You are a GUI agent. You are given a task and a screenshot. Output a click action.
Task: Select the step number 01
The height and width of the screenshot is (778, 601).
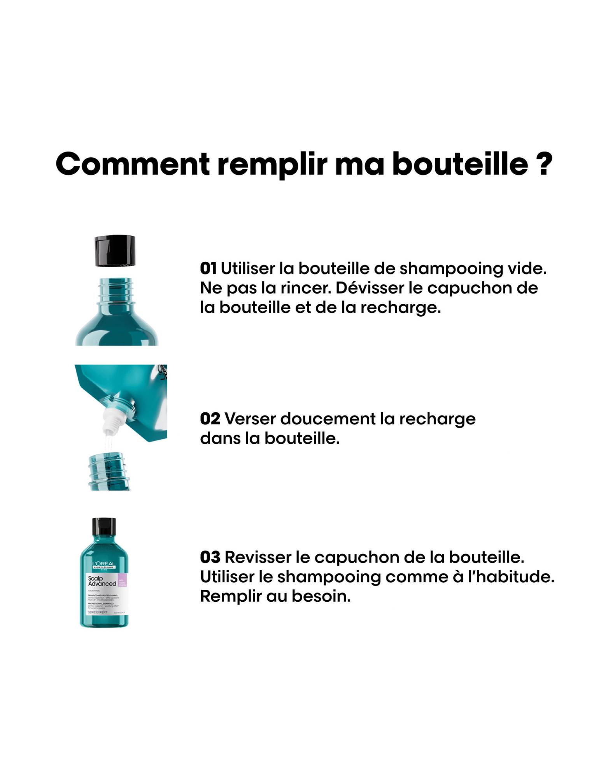click(208, 268)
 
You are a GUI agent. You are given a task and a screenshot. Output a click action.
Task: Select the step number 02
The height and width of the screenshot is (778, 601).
click(210, 419)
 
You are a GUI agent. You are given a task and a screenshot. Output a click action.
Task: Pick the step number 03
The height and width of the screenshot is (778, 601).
click(210, 557)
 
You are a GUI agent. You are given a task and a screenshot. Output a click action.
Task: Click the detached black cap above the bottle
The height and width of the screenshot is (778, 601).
click(115, 251)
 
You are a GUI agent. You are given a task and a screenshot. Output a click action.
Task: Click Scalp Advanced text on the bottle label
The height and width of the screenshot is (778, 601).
click(101, 581)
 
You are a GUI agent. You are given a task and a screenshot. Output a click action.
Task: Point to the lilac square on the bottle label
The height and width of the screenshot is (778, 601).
click(122, 580)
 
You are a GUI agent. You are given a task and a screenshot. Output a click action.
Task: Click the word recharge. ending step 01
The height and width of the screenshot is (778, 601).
click(400, 308)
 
